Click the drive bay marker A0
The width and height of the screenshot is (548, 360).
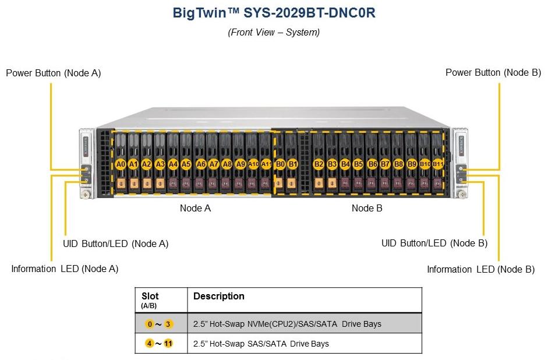(x=121, y=165)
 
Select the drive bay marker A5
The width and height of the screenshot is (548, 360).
(x=186, y=165)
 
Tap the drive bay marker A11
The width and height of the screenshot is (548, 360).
(x=266, y=165)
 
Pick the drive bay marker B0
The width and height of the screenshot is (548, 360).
(x=280, y=165)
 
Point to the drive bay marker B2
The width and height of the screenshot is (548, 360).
(x=319, y=165)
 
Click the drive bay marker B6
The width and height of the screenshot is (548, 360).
(x=373, y=165)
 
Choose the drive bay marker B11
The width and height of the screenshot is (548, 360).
(x=437, y=165)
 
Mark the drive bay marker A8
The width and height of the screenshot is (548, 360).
(x=227, y=165)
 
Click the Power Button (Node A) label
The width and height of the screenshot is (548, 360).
(x=53, y=73)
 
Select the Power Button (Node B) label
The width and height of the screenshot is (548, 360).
(x=493, y=73)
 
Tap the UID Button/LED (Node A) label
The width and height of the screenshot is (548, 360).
(x=115, y=243)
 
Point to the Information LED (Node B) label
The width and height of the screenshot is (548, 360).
(x=480, y=269)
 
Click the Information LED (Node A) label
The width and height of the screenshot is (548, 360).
(x=65, y=269)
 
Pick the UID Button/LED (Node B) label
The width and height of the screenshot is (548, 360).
(x=434, y=243)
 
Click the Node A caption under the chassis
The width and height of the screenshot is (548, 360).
(x=195, y=209)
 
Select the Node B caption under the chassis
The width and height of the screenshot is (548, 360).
(x=367, y=209)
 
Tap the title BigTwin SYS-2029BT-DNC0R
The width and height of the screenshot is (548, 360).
(x=274, y=13)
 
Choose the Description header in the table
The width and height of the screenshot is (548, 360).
(x=218, y=297)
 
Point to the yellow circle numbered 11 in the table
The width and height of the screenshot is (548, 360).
(x=168, y=344)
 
